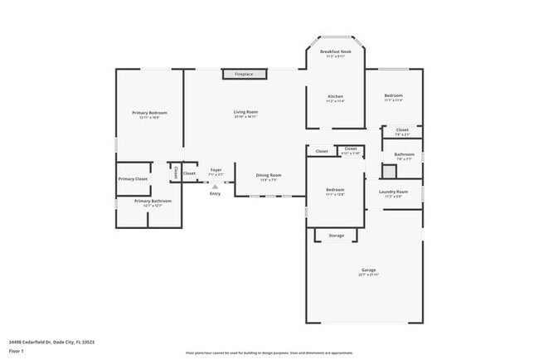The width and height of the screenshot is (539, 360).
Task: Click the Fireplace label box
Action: point(244,75)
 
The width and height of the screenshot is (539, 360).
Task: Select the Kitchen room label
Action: point(335,97)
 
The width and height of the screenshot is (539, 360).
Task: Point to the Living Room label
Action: point(245,112)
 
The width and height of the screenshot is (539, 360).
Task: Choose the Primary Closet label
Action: point(133,178)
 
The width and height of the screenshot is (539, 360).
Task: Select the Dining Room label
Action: point(268,175)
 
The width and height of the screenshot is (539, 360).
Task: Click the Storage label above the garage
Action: point(336,236)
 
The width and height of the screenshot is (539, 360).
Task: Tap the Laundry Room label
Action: point(393,192)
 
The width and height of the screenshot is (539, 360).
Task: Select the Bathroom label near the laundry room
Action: point(404,154)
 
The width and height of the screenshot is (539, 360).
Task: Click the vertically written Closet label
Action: point(175,172)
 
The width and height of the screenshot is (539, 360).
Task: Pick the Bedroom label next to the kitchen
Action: point(393,96)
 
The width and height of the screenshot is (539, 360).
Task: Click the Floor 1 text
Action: point(17,352)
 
